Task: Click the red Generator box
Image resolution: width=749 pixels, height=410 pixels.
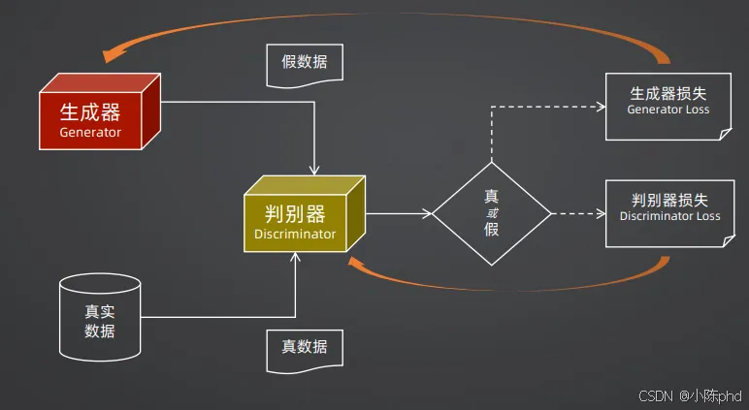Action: coord(91,119)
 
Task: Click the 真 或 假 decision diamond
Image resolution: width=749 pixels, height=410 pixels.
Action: coord(491,212)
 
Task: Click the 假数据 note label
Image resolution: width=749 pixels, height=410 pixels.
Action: coord(304,62)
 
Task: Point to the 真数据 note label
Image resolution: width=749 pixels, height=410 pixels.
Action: coord(304,347)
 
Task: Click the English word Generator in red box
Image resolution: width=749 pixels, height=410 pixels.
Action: coord(90,132)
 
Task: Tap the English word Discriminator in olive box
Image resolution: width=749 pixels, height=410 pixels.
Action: coord(295,234)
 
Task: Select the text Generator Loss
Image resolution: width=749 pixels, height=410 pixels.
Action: coord(668,110)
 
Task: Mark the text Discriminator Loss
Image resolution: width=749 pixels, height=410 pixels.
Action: coord(669,216)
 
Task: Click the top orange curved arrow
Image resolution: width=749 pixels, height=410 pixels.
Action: coord(388,14)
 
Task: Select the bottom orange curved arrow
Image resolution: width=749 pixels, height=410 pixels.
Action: coord(505,285)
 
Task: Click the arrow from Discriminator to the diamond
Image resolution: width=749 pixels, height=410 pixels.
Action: coord(399,212)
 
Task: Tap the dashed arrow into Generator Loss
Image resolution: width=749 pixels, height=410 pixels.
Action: coord(543,106)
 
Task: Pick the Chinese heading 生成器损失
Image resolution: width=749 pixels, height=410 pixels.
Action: coord(668,94)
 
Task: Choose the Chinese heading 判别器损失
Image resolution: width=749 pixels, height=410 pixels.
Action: coord(669,200)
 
